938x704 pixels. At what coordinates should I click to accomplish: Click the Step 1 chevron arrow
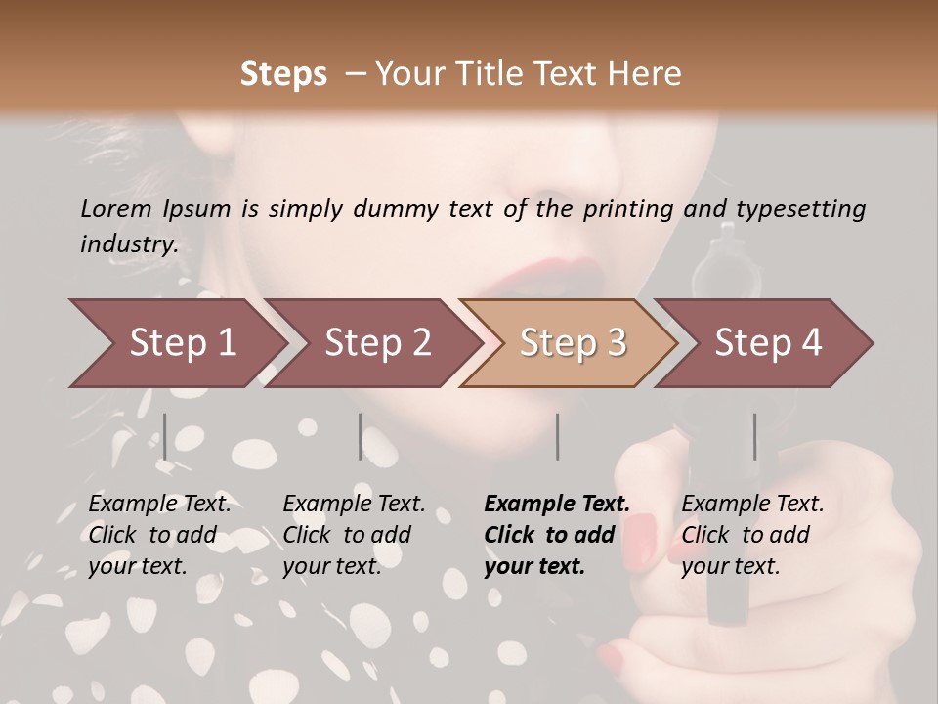coord(182,343)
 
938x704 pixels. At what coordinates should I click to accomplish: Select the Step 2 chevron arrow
coord(377,343)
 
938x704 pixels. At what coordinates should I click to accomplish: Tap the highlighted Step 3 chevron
coord(572,343)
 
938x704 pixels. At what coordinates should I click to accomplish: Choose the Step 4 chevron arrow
coord(768,343)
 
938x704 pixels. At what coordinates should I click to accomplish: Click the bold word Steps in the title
coord(283,74)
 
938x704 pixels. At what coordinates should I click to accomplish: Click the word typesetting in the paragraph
coord(800,209)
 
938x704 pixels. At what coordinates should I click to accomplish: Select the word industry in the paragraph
coord(128,244)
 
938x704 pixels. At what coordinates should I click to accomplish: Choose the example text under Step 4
coord(752,535)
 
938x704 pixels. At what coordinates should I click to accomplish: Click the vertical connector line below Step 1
coord(165,436)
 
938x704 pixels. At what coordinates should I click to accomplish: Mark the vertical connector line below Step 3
coord(557,436)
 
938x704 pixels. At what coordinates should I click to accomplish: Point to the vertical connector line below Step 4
coord(754,436)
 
